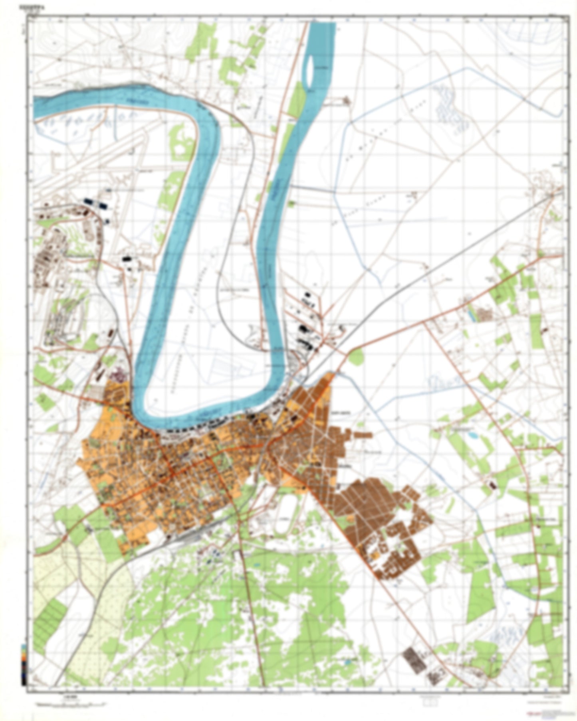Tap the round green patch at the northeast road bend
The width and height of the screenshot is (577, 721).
point(355,356)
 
